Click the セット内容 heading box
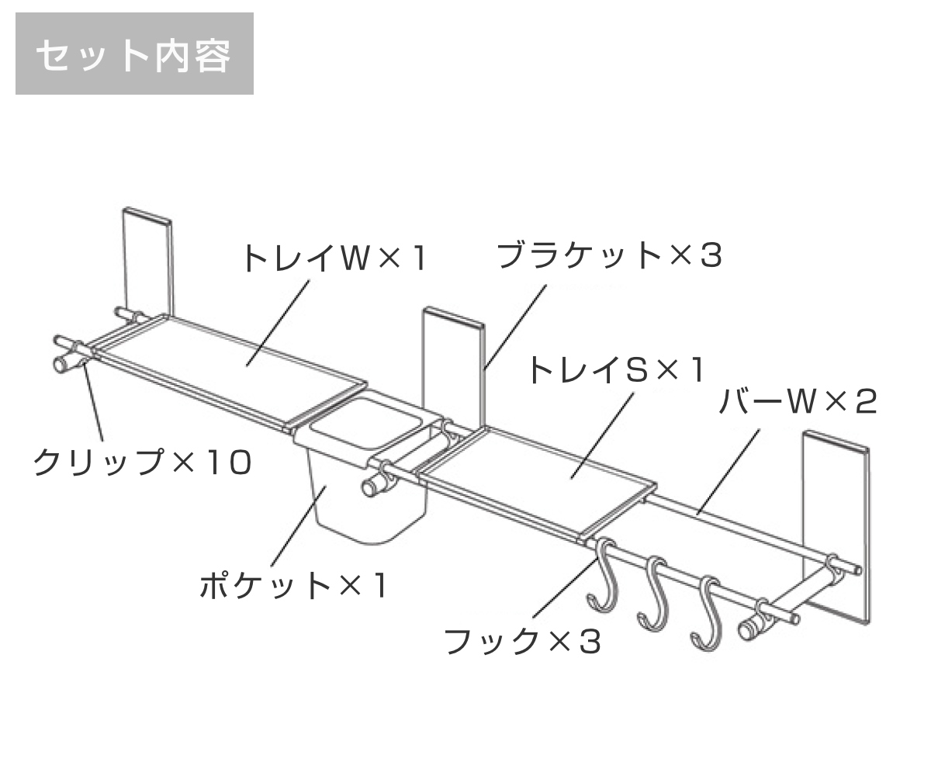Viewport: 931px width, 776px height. click(x=134, y=54)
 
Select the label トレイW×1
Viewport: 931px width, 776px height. click(x=334, y=258)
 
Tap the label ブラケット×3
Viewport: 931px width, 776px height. click(x=609, y=255)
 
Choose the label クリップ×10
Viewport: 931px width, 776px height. click(x=142, y=463)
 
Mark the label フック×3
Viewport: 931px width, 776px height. click(x=522, y=641)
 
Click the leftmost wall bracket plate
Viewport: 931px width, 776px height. click(x=147, y=260)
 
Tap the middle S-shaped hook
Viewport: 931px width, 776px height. click(x=653, y=594)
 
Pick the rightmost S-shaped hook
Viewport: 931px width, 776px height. click(x=708, y=613)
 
